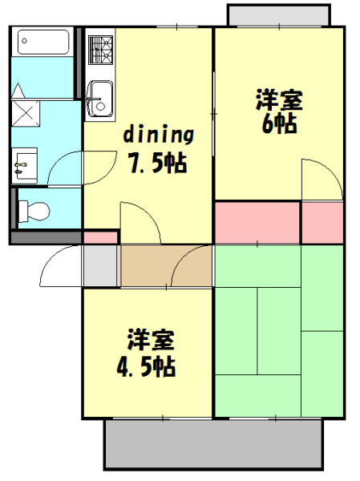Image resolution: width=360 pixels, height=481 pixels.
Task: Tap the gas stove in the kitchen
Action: click(x=101, y=50)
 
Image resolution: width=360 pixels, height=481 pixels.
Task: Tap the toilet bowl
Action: click(x=34, y=211)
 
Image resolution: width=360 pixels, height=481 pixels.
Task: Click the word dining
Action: click(x=158, y=133)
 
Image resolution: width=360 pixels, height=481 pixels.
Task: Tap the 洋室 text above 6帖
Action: click(x=278, y=101)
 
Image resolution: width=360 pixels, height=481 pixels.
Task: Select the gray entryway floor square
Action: click(x=101, y=265)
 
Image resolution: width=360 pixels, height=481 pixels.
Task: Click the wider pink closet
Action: click(x=257, y=222)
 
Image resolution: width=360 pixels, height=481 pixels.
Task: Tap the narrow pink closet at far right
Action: click(x=323, y=222)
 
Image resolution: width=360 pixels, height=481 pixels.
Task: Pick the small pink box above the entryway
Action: click(x=100, y=237)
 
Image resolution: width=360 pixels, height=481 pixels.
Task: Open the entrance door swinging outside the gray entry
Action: click(x=61, y=267)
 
